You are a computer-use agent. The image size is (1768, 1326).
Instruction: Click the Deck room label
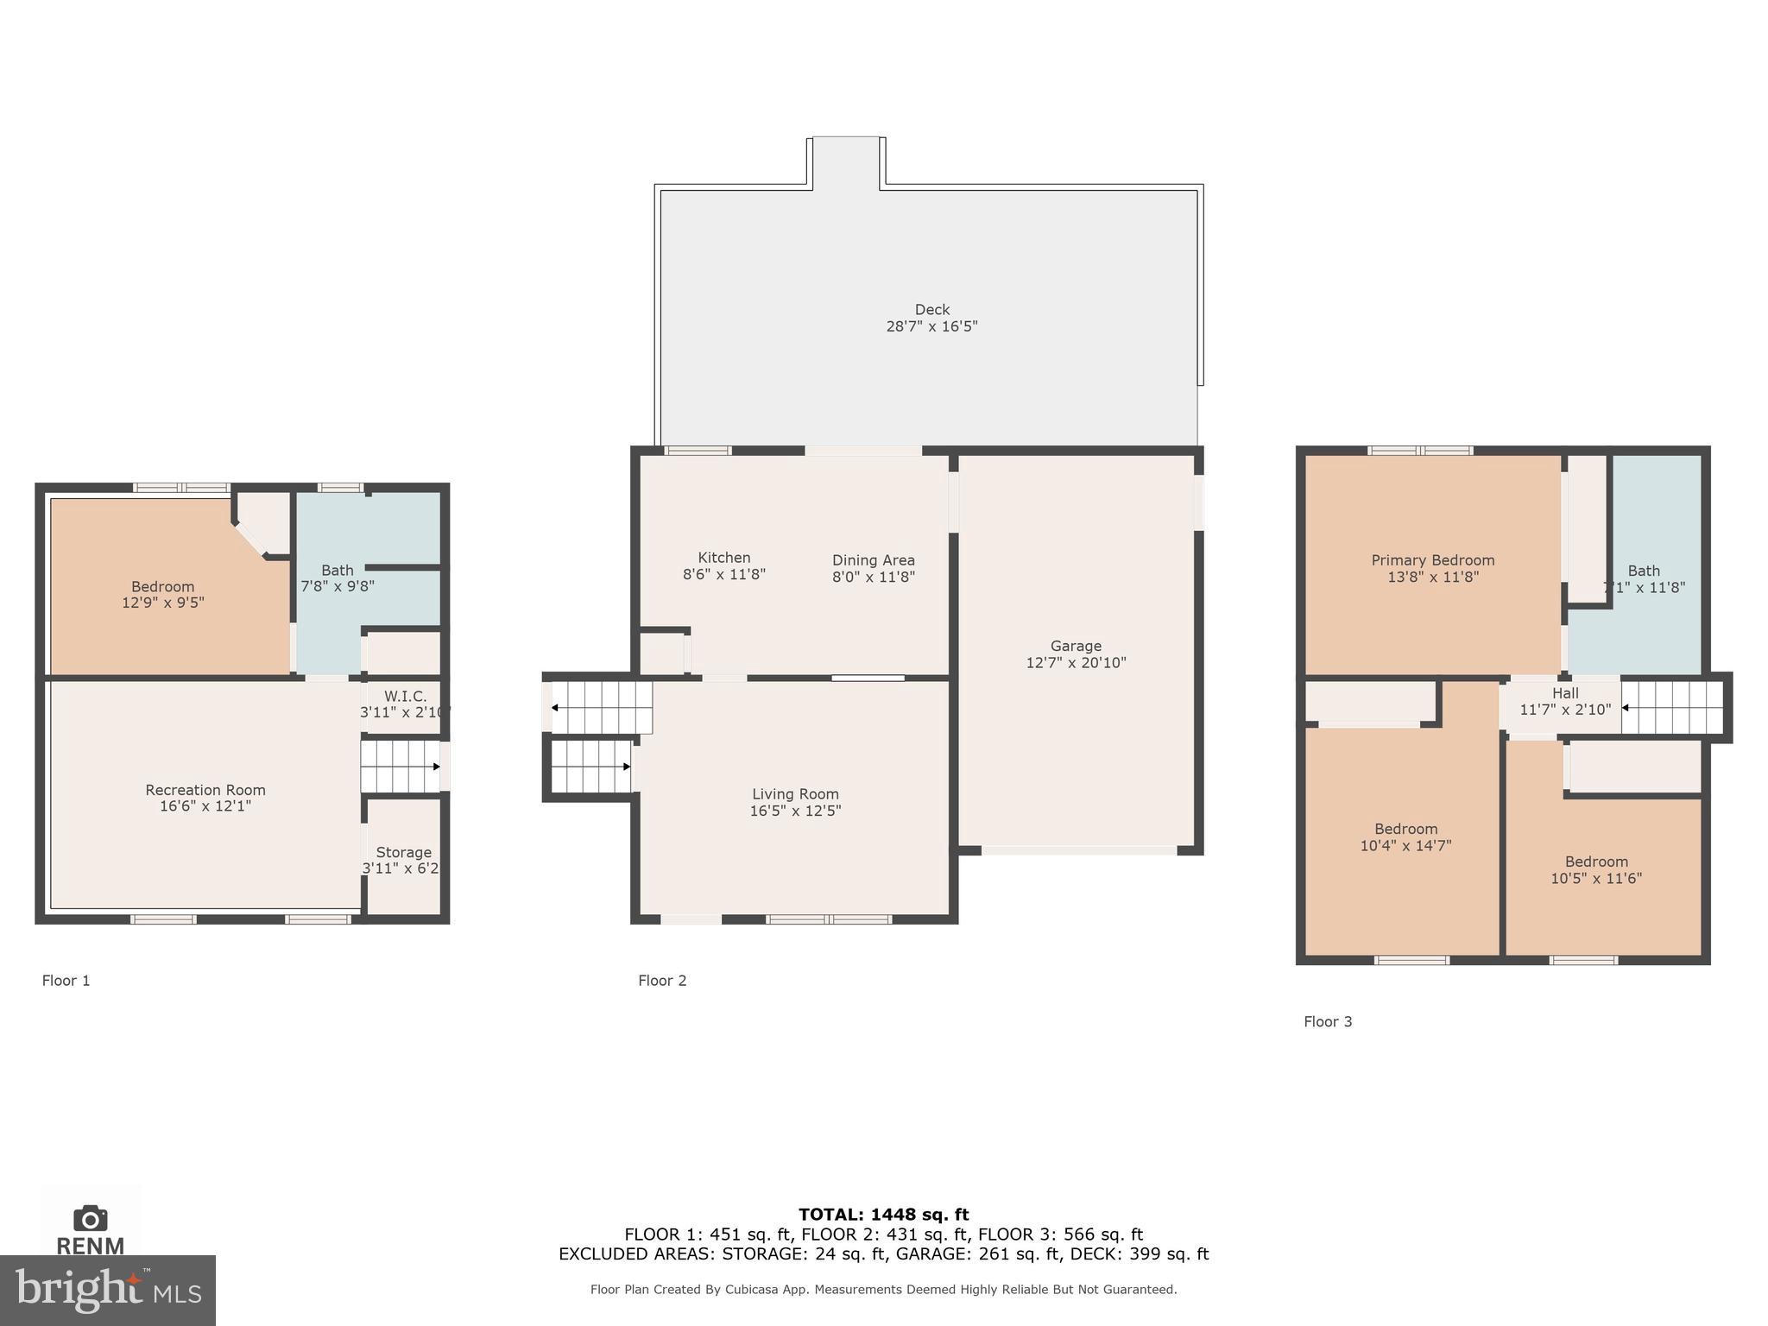pyautogui.click(x=931, y=309)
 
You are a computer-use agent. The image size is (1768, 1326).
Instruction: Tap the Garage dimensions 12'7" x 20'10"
pyautogui.click(x=1076, y=663)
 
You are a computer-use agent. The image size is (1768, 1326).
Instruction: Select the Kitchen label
pyautogui.click(x=723, y=558)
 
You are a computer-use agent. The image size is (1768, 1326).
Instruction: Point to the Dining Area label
pyautogui.click(x=873, y=560)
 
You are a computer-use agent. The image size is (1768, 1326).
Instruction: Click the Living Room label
pyautogui.click(x=795, y=794)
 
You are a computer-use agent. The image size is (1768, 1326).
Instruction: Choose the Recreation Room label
pyautogui.click(x=205, y=790)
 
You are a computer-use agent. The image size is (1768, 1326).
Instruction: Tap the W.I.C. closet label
pyautogui.click(x=405, y=697)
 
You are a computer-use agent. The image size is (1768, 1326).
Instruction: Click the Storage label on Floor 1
pyautogui.click(x=403, y=852)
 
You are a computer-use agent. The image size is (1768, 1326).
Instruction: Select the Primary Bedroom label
pyautogui.click(x=1432, y=560)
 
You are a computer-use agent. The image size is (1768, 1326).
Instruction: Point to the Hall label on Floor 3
pyautogui.click(x=1565, y=693)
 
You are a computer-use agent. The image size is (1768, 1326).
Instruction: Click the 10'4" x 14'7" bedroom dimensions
pyautogui.click(x=1405, y=846)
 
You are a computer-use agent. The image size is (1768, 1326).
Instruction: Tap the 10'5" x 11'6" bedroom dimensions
pyautogui.click(x=1596, y=879)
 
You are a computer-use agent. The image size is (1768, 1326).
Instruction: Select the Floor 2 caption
pyautogui.click(x=662, y=980)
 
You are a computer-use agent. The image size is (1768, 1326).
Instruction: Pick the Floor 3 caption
pyautogui.click(x=1328, y=1021)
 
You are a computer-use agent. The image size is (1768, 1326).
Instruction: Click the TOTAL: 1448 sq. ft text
pyautogui.click(x=883, y=1215)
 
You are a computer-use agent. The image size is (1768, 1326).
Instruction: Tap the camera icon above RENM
pyautogui.click(x=90, y=1218)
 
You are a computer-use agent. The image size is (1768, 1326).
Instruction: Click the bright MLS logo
pyautogui.click(x=107, y=1290)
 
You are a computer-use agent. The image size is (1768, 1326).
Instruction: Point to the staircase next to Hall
pyautogui.click(x=1672, y=708)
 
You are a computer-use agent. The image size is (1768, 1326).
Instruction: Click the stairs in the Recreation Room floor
pyautogui.click(x=400, y=767)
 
